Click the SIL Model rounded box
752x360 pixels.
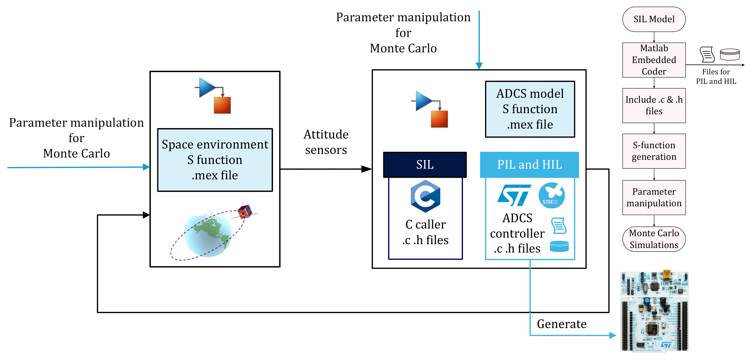[654, 19]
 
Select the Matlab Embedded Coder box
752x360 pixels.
[654, 60]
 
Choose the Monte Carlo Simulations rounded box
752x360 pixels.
[654, 239]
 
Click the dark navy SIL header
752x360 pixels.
[425, 165]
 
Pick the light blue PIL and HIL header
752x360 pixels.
[529, 165]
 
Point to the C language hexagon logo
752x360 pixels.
[425, 196]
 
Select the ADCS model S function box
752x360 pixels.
[530, 109]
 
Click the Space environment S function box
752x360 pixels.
[215, 160]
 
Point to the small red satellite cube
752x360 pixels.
[245, 211]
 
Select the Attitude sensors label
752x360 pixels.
[326, 142]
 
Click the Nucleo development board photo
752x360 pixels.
[654, 311]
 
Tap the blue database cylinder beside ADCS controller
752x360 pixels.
[559, 246]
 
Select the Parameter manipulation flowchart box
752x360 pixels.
[654, 197]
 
